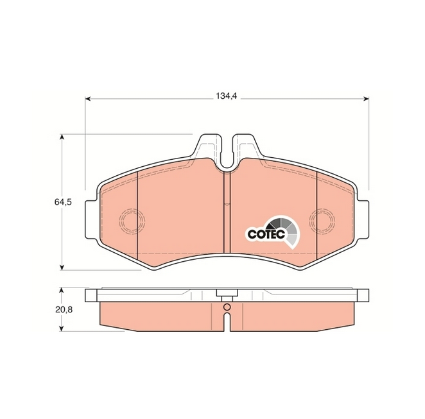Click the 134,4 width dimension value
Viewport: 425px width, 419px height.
coord(227,96)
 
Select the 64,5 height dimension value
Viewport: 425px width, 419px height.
coord(63,201)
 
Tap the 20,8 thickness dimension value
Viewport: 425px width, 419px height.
coord(64,309)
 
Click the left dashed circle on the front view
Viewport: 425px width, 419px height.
coord(132,221)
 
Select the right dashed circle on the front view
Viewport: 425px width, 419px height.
coord(322,221)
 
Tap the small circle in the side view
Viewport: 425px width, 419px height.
coord(227,307)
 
